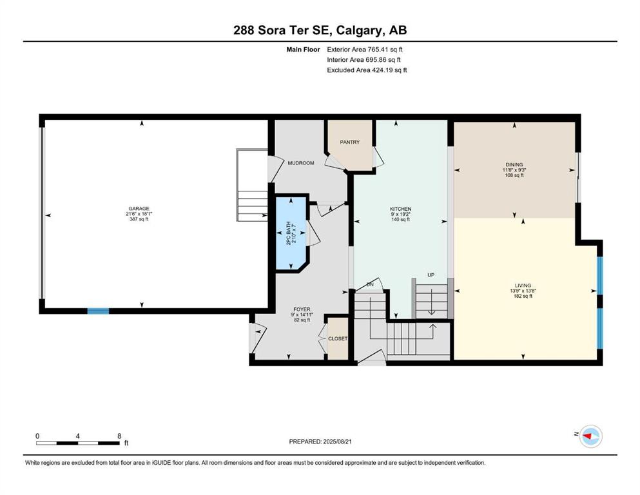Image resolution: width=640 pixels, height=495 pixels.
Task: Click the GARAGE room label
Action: (139, 209)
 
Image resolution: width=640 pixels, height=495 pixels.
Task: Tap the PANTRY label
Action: (350, 142)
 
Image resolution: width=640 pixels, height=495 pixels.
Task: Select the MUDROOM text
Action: (301, 163)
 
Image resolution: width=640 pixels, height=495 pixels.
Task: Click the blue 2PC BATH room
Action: (291, 233)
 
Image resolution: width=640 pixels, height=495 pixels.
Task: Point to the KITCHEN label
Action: (400, 209)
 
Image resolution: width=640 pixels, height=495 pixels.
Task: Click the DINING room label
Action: (514, 165)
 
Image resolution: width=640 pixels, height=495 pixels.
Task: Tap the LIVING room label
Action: (523, 286)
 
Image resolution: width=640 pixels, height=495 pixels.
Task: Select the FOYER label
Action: (302, 309)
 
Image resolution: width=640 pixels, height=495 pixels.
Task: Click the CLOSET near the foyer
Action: (338, 339)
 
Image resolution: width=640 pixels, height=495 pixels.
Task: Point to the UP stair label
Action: (431, 275)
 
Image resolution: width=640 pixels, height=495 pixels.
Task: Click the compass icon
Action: (590, 436)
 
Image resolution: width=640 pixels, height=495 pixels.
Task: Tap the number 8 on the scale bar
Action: (119, 436)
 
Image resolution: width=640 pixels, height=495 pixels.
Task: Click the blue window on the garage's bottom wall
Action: (99, 311)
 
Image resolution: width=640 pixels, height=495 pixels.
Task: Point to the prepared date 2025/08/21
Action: (337, 442)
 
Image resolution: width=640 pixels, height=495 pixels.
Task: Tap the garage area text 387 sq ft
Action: (139, 219)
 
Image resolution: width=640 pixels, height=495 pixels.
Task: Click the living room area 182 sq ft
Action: (523, 296)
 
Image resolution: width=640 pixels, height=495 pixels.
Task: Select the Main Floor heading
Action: (303, 50)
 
